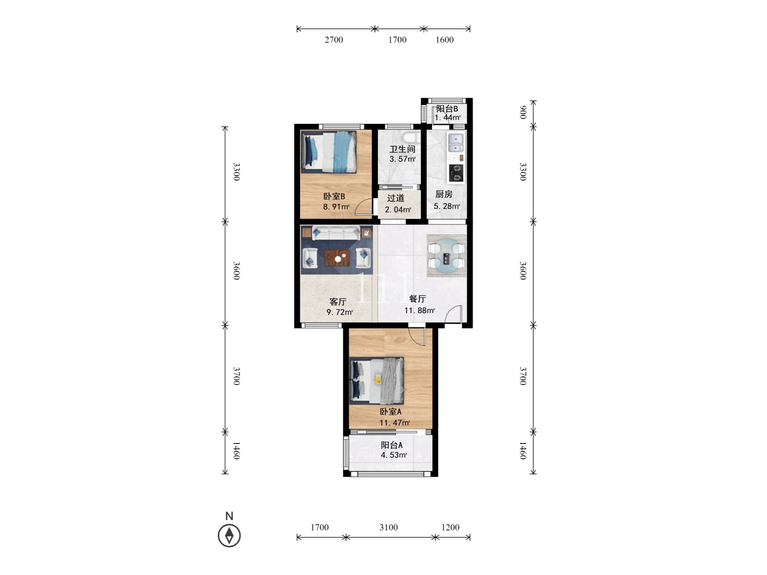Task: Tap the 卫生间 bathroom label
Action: [402, 149]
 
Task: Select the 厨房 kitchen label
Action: [444, 194]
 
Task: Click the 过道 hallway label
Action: [396, 198]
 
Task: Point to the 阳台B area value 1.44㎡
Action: [448, 118]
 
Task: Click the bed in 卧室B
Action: [329, 152]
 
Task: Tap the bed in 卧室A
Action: [377, 381]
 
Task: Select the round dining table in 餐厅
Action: [446, 255]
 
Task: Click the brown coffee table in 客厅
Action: [337, 258]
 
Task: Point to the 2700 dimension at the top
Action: [334, 40]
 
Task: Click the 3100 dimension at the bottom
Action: [388, 527]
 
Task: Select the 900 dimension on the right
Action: [522, 113]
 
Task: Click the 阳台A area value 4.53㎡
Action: [394, 455]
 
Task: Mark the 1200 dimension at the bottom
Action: [450, 527]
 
